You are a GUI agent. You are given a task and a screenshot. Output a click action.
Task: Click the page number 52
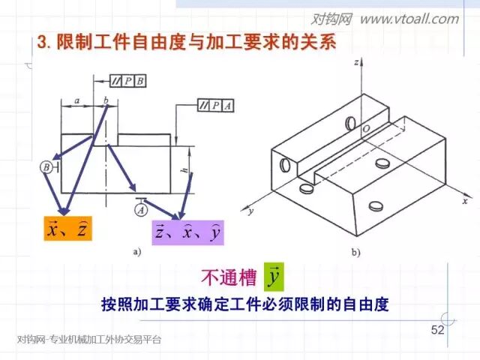coord(438,331)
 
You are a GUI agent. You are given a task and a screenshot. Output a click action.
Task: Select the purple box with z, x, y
coord(187,233)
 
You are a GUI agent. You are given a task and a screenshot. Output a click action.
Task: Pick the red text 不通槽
coord(228,277)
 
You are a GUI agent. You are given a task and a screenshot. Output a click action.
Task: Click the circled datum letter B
coord(47,168)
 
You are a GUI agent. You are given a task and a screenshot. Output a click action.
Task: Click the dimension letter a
coord(77,100)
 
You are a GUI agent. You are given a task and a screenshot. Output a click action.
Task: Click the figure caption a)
coord(136,252)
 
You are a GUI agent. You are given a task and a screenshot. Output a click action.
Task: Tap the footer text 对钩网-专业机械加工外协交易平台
coord(88,340)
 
